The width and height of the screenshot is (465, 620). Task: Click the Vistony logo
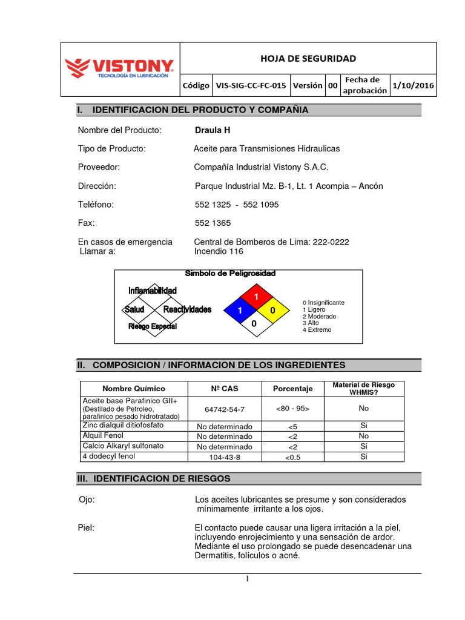[120, 68]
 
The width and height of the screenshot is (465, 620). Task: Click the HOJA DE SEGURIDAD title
[308, 58]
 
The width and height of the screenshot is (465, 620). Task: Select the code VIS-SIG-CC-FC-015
[251, 85]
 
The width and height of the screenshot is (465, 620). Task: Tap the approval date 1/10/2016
[413, 85]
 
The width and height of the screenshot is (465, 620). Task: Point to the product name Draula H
[213, 130]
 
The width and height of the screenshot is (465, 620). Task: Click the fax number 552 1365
[213, 223]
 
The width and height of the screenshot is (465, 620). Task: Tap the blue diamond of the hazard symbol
[240, 310]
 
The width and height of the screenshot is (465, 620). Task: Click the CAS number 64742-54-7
[225, 409]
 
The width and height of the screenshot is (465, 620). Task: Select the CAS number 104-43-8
[225, 457]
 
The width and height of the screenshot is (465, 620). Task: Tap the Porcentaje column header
[292, 389]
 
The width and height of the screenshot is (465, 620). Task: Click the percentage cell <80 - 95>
[292, 409]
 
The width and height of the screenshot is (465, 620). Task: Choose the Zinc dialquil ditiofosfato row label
[124, 426]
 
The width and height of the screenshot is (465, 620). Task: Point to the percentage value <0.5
[292, 457]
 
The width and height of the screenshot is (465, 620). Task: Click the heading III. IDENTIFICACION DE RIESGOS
[154, 478]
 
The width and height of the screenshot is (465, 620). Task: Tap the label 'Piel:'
[87, 527]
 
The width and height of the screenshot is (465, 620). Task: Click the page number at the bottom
[247, 579]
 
